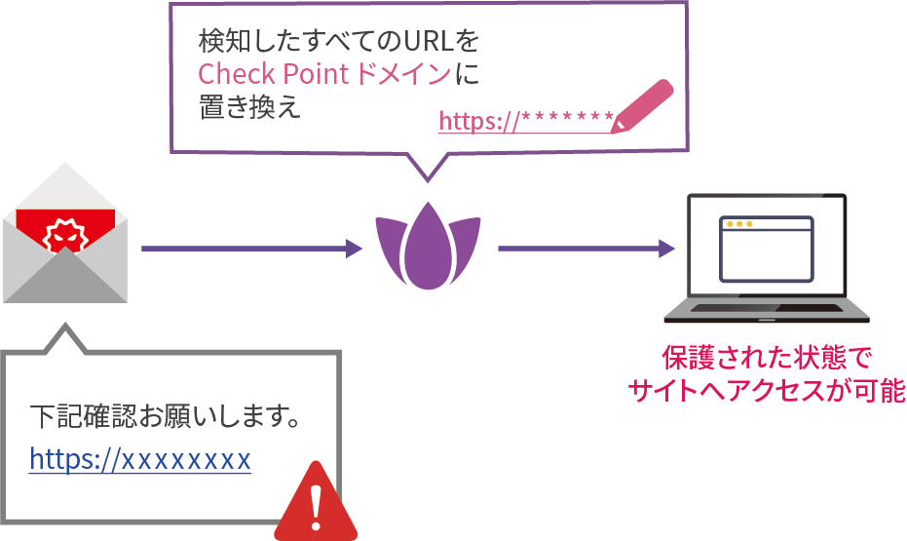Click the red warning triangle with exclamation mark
click(x=315, y=503)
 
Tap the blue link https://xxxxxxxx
click(x=140, y=458)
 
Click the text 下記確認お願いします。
click(x=165, y=417)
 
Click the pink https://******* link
click(x=525, y=121)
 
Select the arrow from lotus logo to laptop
click(x=586, y=249)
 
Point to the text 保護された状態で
click(x=768, y=358)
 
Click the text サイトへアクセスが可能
click(x=768, y=392)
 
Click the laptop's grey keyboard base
click(x=766, y=311)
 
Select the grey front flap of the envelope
click(x=66, y=278)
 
